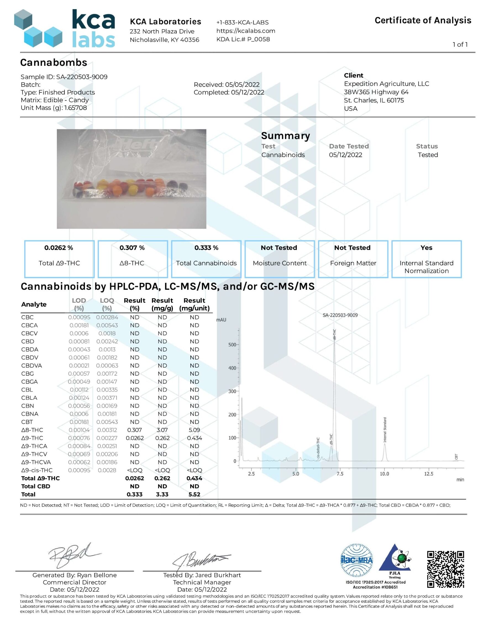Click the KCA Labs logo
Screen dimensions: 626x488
pyautogui.click(x=65, y=29)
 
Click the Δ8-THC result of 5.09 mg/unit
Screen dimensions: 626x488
pyautogui.click(x=194, y=430)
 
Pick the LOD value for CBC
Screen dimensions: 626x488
pyautogui.click(x=79, y=317)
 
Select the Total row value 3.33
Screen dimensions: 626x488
pyautogui.click(x=162, y=494)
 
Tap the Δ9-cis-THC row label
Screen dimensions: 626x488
pyautogui.click(x=37, y=470)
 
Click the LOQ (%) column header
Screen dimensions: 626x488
pyautogui.click(x=107, y=304)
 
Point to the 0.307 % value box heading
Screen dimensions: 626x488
pyautogui.click(x=132, y=248)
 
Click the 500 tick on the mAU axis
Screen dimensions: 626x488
pyautogui.click(x=232, y=345)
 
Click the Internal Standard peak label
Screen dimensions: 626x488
pyautogui.click(x=385, y=430)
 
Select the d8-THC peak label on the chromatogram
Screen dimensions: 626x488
pyautogui.click(x=334, y=334)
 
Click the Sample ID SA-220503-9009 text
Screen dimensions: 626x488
pyautogui.click(x=64, y=77)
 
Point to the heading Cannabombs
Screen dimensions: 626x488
pyautogui.click(x=54, y=62)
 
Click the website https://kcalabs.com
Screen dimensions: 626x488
pyautogui.click(x=246, y=31)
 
